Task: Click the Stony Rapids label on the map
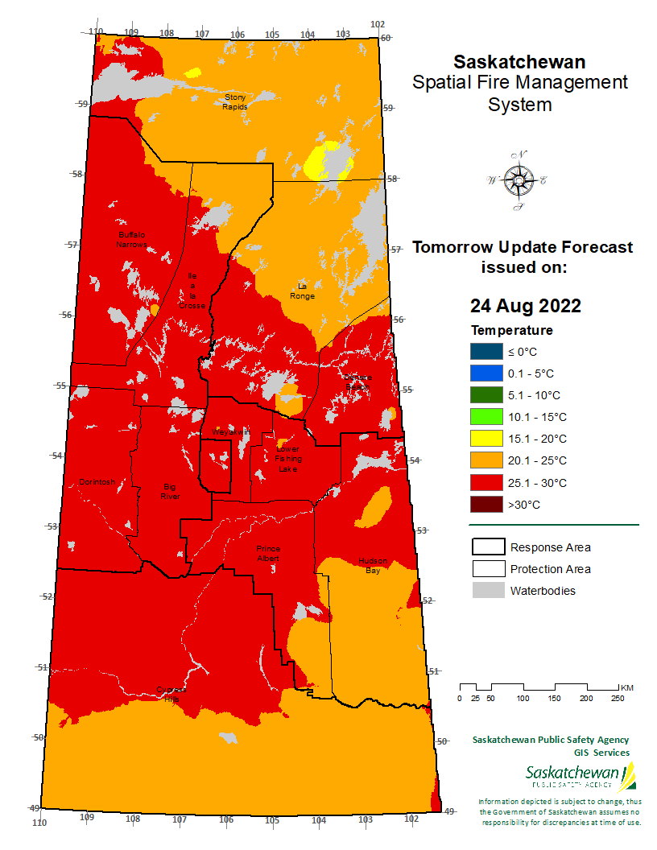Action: (235, 102)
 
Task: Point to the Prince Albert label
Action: (267, 553)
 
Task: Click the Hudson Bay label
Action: (373, 565)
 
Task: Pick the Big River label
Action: (169, 491)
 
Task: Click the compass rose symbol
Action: (519, 180)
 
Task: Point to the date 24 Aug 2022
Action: (525, 306)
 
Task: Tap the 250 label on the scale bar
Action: (618, 698)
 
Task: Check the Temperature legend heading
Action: (511, 330)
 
